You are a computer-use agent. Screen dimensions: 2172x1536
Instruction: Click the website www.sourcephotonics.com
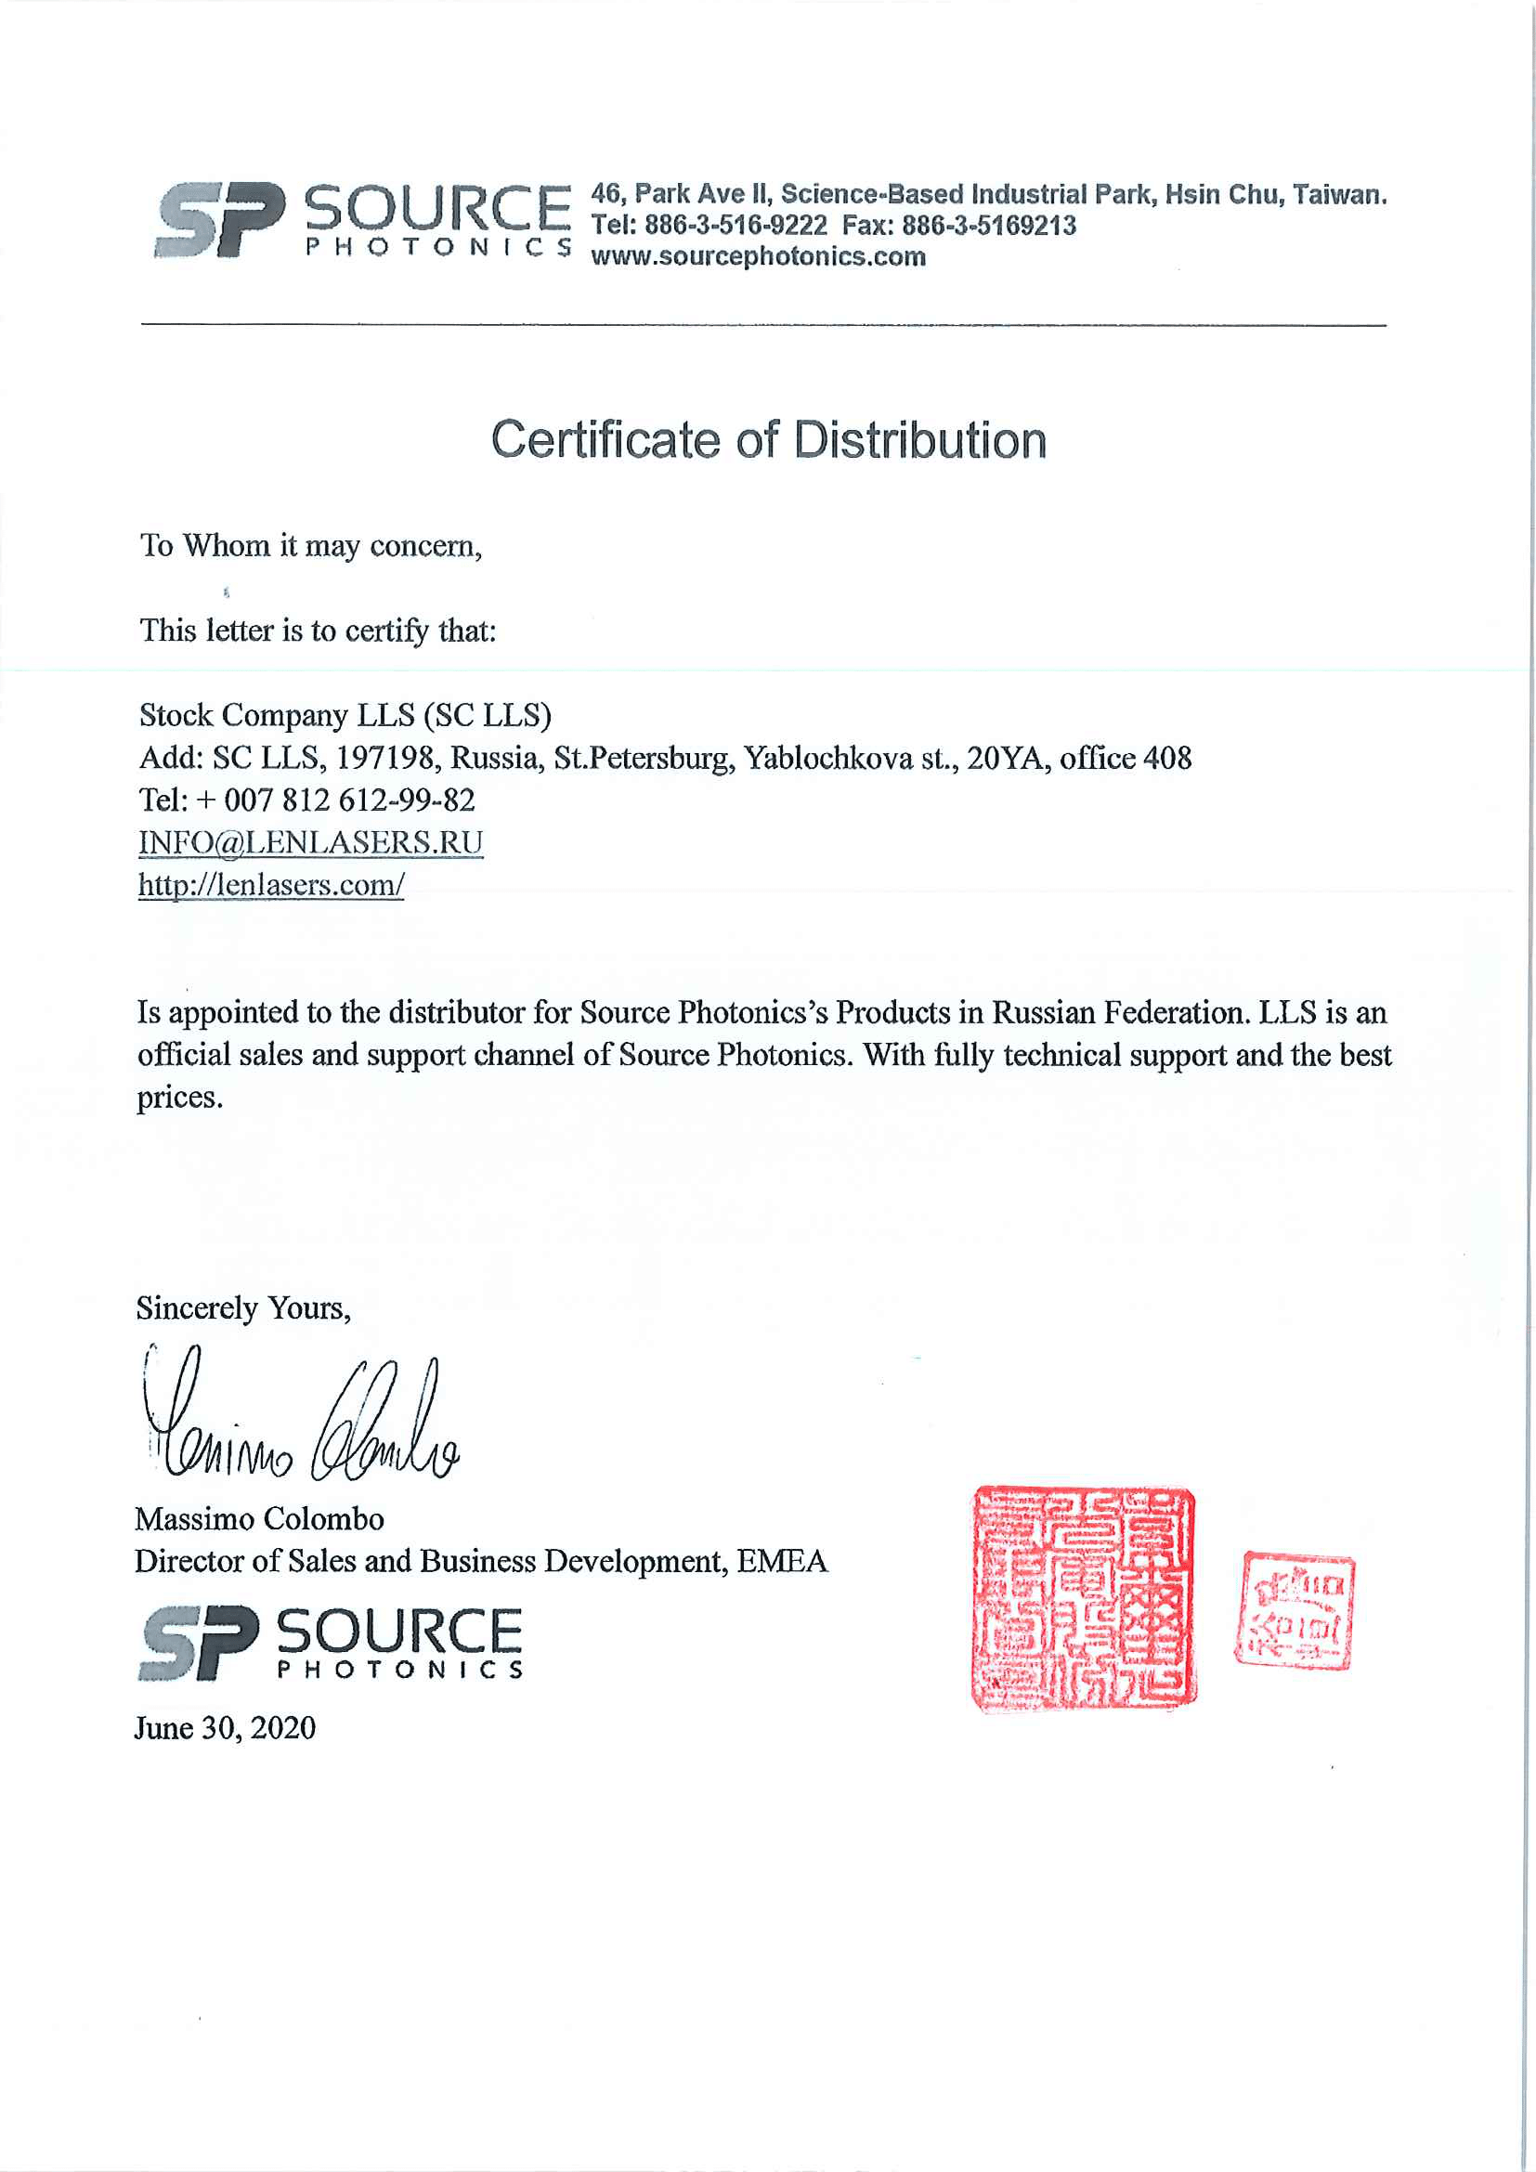point(758,256)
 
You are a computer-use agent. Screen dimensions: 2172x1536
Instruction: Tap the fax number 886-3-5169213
point(988,225)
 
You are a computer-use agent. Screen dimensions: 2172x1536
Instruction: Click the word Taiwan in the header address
point(1338,195)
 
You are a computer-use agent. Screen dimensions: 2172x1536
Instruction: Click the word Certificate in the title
point(605,441)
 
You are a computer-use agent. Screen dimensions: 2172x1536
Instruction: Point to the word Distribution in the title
point(918,441)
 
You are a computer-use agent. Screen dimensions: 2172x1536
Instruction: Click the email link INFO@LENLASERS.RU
point(310,842)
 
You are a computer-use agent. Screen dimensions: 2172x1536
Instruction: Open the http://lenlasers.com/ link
point(271,885)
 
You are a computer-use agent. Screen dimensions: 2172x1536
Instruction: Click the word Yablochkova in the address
point(827,758)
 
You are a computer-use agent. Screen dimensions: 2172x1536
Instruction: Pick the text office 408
point(1125,758)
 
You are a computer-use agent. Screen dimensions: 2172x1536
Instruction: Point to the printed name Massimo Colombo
point(259,1519)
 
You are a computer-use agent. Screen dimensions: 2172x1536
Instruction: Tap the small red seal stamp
point(1294,1609)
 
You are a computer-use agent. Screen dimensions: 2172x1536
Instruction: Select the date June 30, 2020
point(225,1728)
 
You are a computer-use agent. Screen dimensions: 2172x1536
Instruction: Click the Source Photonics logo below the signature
point(330,1644)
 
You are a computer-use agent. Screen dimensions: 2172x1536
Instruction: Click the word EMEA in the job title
point(781,1561)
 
